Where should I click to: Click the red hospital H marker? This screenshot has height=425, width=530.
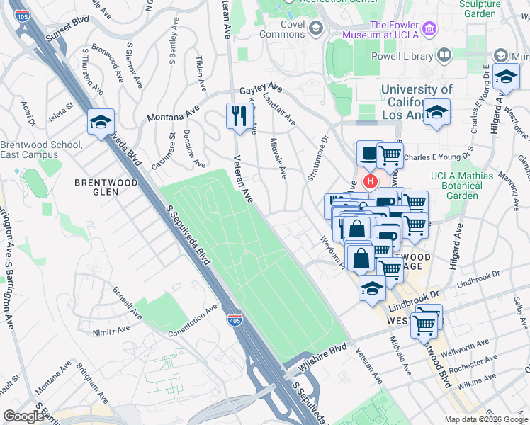[x=369, y=182]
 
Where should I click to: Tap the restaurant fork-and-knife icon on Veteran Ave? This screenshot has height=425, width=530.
[x=236, y=115]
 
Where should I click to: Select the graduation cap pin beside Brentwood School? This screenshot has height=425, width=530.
[x=101, y=122]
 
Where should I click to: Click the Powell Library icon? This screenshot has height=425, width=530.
[x=444, y=55]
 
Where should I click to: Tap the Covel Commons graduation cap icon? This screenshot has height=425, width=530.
[x=315, y=28]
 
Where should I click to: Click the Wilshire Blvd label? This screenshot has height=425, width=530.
[x=327, y=351]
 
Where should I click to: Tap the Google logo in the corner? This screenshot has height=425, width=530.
[x=23, y=416]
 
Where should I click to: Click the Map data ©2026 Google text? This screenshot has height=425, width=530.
[x=485, y=419]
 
